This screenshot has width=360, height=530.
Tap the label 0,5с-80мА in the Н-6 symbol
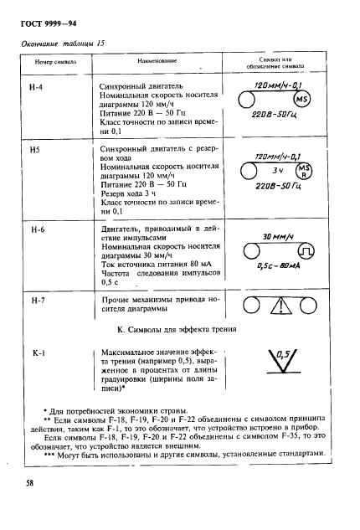pos(276,267)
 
